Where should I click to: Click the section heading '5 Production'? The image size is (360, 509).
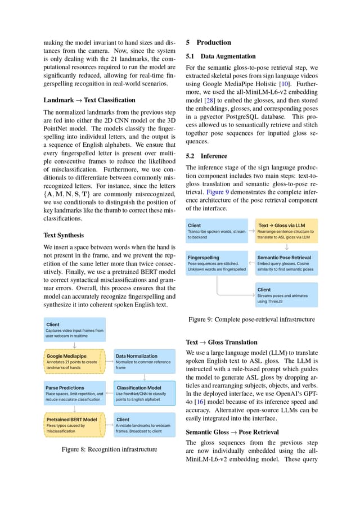coord(208,43)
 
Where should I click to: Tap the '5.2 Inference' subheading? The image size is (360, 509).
coord(206,156)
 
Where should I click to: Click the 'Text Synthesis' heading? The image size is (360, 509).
coord(64,235)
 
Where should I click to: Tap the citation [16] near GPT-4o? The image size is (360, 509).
coord(199,402)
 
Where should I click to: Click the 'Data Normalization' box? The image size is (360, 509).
coord(145,361)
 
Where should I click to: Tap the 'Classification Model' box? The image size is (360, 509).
coord(145,393)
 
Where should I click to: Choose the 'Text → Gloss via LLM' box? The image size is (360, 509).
coord(286,231)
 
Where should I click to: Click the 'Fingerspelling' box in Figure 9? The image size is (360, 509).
coord(217,263)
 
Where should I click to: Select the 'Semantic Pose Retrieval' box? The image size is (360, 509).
coord(286,263)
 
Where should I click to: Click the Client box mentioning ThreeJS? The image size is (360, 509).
coord(286,295)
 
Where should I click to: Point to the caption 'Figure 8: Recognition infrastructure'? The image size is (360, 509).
coord(109,449)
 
